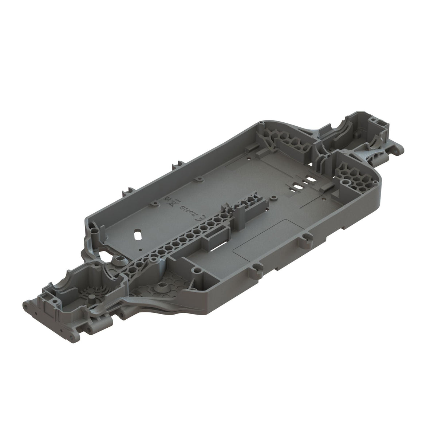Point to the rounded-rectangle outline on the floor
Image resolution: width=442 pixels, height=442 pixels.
pyautogui.click(x=263, y=236)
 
